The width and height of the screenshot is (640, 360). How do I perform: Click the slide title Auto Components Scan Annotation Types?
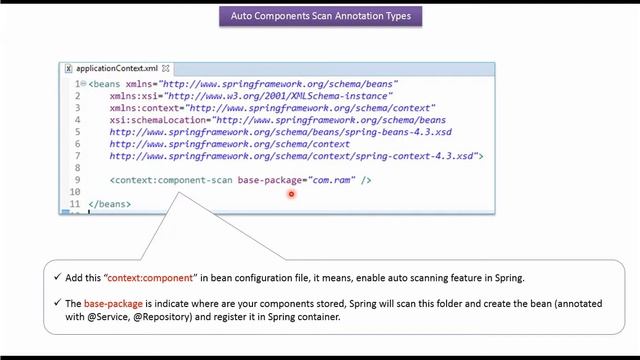click(x=320, y=16)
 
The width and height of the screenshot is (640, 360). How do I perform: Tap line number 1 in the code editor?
click(x=77, y=84)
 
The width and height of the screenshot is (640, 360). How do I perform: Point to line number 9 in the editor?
click(x=77, y=180)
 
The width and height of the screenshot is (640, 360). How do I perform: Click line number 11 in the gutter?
click(x=75, y=204)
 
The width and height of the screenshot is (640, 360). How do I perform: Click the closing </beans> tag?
click(x=109, y=204)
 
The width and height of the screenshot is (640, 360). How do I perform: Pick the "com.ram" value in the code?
click(x=333, y=180)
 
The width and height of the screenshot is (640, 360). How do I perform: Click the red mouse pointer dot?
click(x=291, y=194)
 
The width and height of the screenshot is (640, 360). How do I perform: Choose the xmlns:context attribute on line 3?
click(x=144, y=108)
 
